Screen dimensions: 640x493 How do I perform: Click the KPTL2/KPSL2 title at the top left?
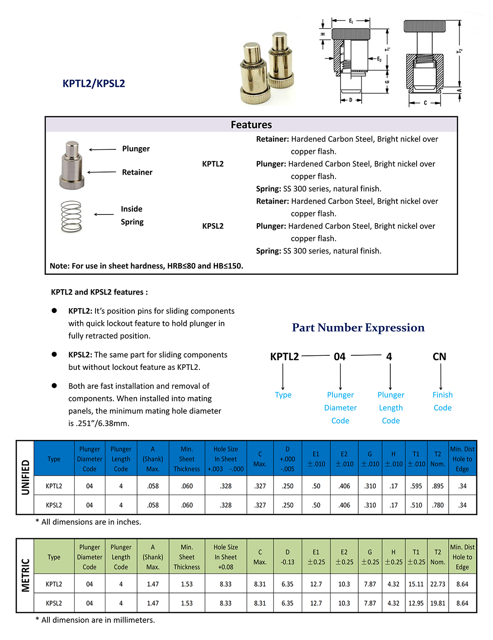(94, 83)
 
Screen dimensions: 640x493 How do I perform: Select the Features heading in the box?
(251, 125)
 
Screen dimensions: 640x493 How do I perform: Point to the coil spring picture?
(71, 216)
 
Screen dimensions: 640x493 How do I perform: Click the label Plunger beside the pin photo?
(136, 149)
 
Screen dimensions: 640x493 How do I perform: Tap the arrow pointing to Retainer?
(102, 172)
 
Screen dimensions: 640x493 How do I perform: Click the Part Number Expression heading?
(358, 328)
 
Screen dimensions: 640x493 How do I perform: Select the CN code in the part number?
(439, 357)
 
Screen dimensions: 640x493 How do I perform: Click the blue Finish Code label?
(442, 401)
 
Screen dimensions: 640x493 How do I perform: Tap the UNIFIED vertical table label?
(26, 477)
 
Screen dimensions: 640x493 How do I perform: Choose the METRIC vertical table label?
(26, 575)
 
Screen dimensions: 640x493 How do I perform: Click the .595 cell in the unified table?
(416, 486)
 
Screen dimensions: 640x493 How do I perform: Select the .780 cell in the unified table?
(437, 505)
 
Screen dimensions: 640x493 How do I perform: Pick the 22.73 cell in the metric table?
(437, 584)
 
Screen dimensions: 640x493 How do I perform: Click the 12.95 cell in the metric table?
(416, 603)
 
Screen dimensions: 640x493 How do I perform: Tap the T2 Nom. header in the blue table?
(437, 459)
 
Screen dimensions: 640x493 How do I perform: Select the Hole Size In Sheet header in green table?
(226, 557)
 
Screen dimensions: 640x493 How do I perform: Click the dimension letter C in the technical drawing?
(425, 103)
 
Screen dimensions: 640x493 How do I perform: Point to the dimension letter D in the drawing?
(351, 100)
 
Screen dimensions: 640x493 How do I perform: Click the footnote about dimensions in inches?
(88, 522)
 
